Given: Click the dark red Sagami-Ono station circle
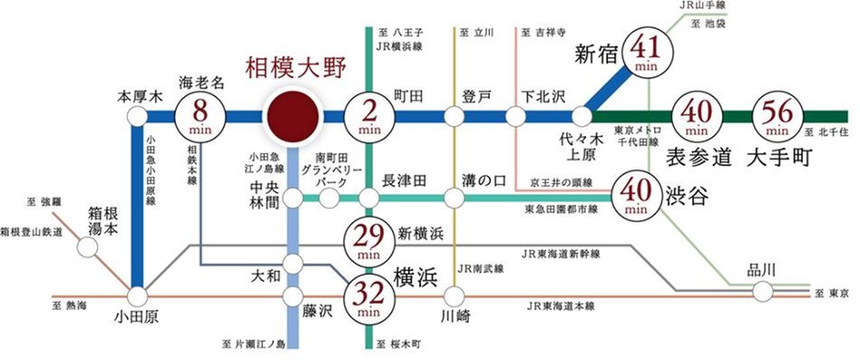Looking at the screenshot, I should (x=292, y=117).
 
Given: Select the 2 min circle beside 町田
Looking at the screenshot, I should (x=368, y=117).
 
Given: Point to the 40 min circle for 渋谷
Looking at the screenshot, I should (x=636, y=194).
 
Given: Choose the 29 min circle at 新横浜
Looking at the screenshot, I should (x=367, y=240).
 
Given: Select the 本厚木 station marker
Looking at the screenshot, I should (x=137, y=117).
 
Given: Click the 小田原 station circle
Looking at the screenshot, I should (x=137, y=296).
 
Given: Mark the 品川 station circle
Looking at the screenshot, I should (x=762, y=290).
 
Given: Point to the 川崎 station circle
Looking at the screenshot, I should (x=454, y=296).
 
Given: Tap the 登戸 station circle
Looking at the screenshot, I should (x=454, y=117).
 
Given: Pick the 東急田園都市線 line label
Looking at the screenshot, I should (x=562, y=209).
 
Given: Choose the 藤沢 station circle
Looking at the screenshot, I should (x=293, y=296).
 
